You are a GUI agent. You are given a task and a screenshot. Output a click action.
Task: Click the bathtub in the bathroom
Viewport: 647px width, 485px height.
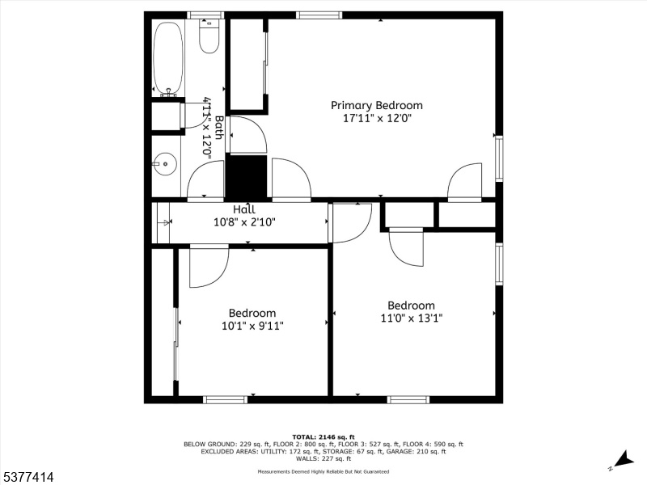168,57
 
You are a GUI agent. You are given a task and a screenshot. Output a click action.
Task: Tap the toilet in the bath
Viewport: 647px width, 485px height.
209,36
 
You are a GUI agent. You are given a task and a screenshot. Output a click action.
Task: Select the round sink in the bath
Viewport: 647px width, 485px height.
165,164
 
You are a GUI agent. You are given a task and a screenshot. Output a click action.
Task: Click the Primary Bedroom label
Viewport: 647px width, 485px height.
377,106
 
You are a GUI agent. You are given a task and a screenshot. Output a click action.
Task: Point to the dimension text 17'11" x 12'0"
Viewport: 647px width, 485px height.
378,118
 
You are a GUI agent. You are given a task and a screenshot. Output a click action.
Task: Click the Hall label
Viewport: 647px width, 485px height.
244,209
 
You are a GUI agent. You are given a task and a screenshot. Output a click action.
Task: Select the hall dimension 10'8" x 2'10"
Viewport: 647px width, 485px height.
244,222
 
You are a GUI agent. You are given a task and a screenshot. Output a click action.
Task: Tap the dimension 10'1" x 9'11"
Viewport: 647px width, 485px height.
252,326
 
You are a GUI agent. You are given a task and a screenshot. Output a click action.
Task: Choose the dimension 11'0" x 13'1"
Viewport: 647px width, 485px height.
412,318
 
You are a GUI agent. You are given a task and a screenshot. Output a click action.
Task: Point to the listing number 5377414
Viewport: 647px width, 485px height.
27,477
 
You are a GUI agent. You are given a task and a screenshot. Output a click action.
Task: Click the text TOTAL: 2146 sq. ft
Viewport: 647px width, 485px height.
323,437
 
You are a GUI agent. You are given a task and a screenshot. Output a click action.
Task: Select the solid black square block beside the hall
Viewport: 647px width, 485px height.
246,177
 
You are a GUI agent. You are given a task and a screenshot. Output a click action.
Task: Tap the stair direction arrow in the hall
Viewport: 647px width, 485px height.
163,223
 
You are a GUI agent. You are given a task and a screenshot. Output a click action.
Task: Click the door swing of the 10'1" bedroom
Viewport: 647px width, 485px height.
209,266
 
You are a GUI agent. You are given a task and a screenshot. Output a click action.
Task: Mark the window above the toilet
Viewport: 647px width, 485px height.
206,15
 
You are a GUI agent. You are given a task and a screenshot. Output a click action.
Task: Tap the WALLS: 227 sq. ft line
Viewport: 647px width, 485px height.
323,458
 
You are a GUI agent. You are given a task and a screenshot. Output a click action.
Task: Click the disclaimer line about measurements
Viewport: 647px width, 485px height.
323,471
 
